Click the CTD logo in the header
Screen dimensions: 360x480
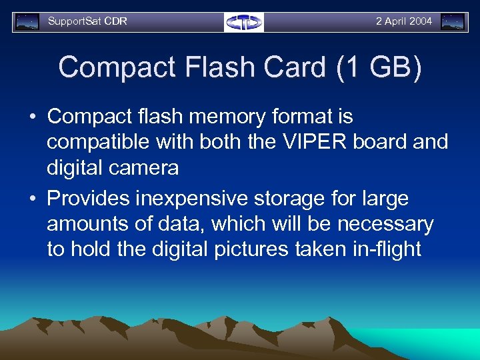pos(244,22)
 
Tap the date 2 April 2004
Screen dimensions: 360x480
pos(403,21)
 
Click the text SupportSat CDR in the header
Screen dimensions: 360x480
pos(87,21)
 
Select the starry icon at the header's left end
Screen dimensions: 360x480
pos(27,22)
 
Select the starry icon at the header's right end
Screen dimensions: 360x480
pos(453,22)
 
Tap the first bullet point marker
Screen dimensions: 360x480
pos(33,117)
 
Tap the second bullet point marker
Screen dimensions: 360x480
pos(33,199)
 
